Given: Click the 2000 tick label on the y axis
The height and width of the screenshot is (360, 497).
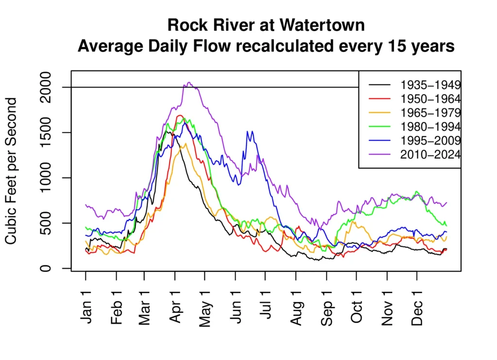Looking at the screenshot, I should [x=45, y=87].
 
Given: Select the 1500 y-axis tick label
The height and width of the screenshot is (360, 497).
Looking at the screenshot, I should [x=45, y=133].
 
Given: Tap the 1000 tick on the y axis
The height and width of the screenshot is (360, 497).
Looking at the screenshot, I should [x=45, y=178].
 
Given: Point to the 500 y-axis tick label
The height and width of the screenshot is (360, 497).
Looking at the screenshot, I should [x=45, y=223].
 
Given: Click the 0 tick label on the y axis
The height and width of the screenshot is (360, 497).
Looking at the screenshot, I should [x=45, y=268].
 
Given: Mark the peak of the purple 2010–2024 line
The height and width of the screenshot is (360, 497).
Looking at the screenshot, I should [x=189, y=83].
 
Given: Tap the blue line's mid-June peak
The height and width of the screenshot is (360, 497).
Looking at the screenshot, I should [x=248, y=131].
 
